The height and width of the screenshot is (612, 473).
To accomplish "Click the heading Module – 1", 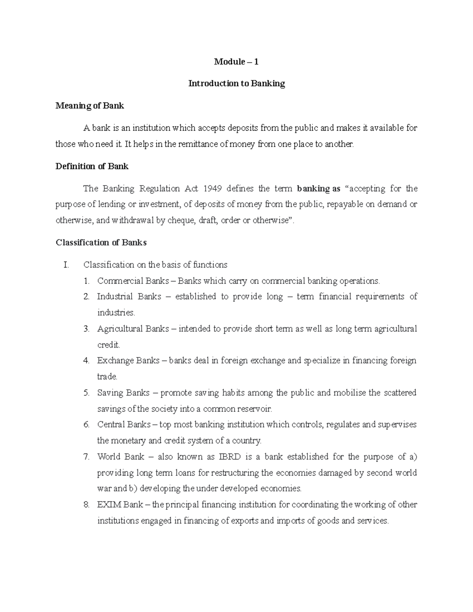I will [x=236, y=61].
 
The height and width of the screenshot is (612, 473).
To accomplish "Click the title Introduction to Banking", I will [x=236, y=84].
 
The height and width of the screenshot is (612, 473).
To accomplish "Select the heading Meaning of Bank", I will [x=90, y=106].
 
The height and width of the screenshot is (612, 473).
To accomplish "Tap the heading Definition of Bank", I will [x=92, y=166].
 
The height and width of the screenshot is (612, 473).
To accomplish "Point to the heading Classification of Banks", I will [x=101, y=243].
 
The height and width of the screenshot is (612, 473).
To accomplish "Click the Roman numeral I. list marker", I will [x=66, y=264].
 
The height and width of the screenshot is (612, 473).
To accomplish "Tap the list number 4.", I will [x=86, y=361].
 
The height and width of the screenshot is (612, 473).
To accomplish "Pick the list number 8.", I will [x=86, y=505].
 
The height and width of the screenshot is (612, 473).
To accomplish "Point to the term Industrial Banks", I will [x=129, y=297].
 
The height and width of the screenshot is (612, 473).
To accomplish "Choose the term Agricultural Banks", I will [x=133, y=329].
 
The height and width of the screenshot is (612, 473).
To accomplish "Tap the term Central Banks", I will [x=124, y=425].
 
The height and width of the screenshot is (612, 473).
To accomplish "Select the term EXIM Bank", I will [x=120, y=505].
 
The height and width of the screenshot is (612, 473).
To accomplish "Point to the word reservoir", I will [x=255, y=409].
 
